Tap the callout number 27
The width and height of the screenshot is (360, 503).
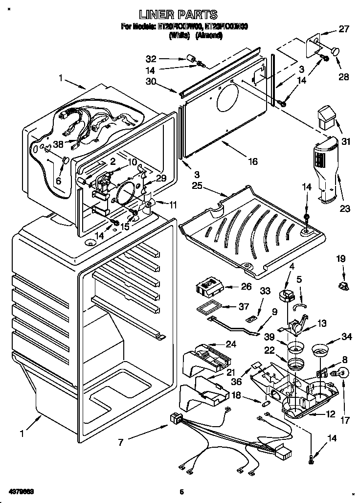[x=344, y=29]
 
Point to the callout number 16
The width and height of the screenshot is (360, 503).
[x=252, y=161]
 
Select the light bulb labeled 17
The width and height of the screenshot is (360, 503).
[x=341, y=373]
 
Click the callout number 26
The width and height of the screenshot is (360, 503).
[x=246, y=287]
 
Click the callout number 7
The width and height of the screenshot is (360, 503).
[x=120, y=442]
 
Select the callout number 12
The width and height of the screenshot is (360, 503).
[x=331, y=414]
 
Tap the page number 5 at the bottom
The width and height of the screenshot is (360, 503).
[x=180, y=491]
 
